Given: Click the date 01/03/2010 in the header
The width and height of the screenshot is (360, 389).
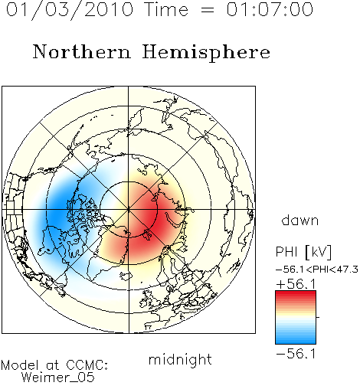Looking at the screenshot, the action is pos(70,9).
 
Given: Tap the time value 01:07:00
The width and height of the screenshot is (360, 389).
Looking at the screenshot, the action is pos(270,9).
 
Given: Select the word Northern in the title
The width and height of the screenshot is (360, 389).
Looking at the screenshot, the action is pos(82,52).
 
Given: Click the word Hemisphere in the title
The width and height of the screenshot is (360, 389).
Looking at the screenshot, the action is pos(206,53).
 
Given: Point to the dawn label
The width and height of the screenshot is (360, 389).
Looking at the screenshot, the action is pos(300,221).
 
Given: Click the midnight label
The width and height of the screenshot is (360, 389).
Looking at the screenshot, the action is pos(180,360).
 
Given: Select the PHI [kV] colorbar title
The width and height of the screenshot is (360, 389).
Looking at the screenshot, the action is pos(303,252).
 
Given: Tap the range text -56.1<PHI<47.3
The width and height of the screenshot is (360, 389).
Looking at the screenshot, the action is pos(317,270).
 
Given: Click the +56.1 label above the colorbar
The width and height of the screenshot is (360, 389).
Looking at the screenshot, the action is pos(296,284).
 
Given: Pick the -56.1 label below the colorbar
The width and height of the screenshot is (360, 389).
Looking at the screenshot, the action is pos(296,354).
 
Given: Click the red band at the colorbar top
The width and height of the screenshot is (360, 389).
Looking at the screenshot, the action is pos(296,295).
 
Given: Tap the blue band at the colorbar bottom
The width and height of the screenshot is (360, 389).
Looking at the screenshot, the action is pos(296,340).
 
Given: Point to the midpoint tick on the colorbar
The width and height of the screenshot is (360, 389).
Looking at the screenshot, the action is pos(318,317).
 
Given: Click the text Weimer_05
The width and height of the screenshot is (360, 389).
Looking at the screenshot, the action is pos(57,378).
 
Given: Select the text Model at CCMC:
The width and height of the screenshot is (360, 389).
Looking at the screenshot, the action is pos(54,365).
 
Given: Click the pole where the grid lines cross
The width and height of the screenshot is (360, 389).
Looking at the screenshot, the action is pos(129,210).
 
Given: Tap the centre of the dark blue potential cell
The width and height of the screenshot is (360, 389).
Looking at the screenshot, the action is pos(59,212).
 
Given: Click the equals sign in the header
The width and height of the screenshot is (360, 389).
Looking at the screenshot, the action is pos(207,10).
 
